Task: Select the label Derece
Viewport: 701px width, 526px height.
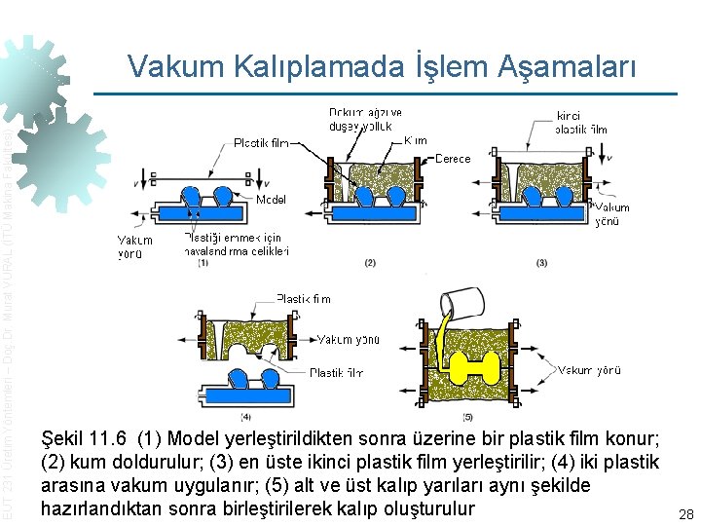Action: (x=452, y=158)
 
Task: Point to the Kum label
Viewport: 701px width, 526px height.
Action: (x=415, y=140)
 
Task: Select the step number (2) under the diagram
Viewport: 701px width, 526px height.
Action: (x=369, y=263)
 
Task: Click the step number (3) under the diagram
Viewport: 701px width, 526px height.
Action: (x=541, y=263)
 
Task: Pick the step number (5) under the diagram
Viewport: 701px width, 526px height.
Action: (x=468, y=416)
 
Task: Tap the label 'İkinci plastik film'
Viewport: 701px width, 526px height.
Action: (x=581, y=122)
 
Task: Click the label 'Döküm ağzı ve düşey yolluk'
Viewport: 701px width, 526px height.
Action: (x=364, y=119)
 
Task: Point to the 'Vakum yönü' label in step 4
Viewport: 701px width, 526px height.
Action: (x=348, y=339)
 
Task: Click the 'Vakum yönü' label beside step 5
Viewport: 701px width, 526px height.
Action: (x=589, y=370)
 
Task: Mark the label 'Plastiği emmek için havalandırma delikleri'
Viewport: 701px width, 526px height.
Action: (x=237, y=244)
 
